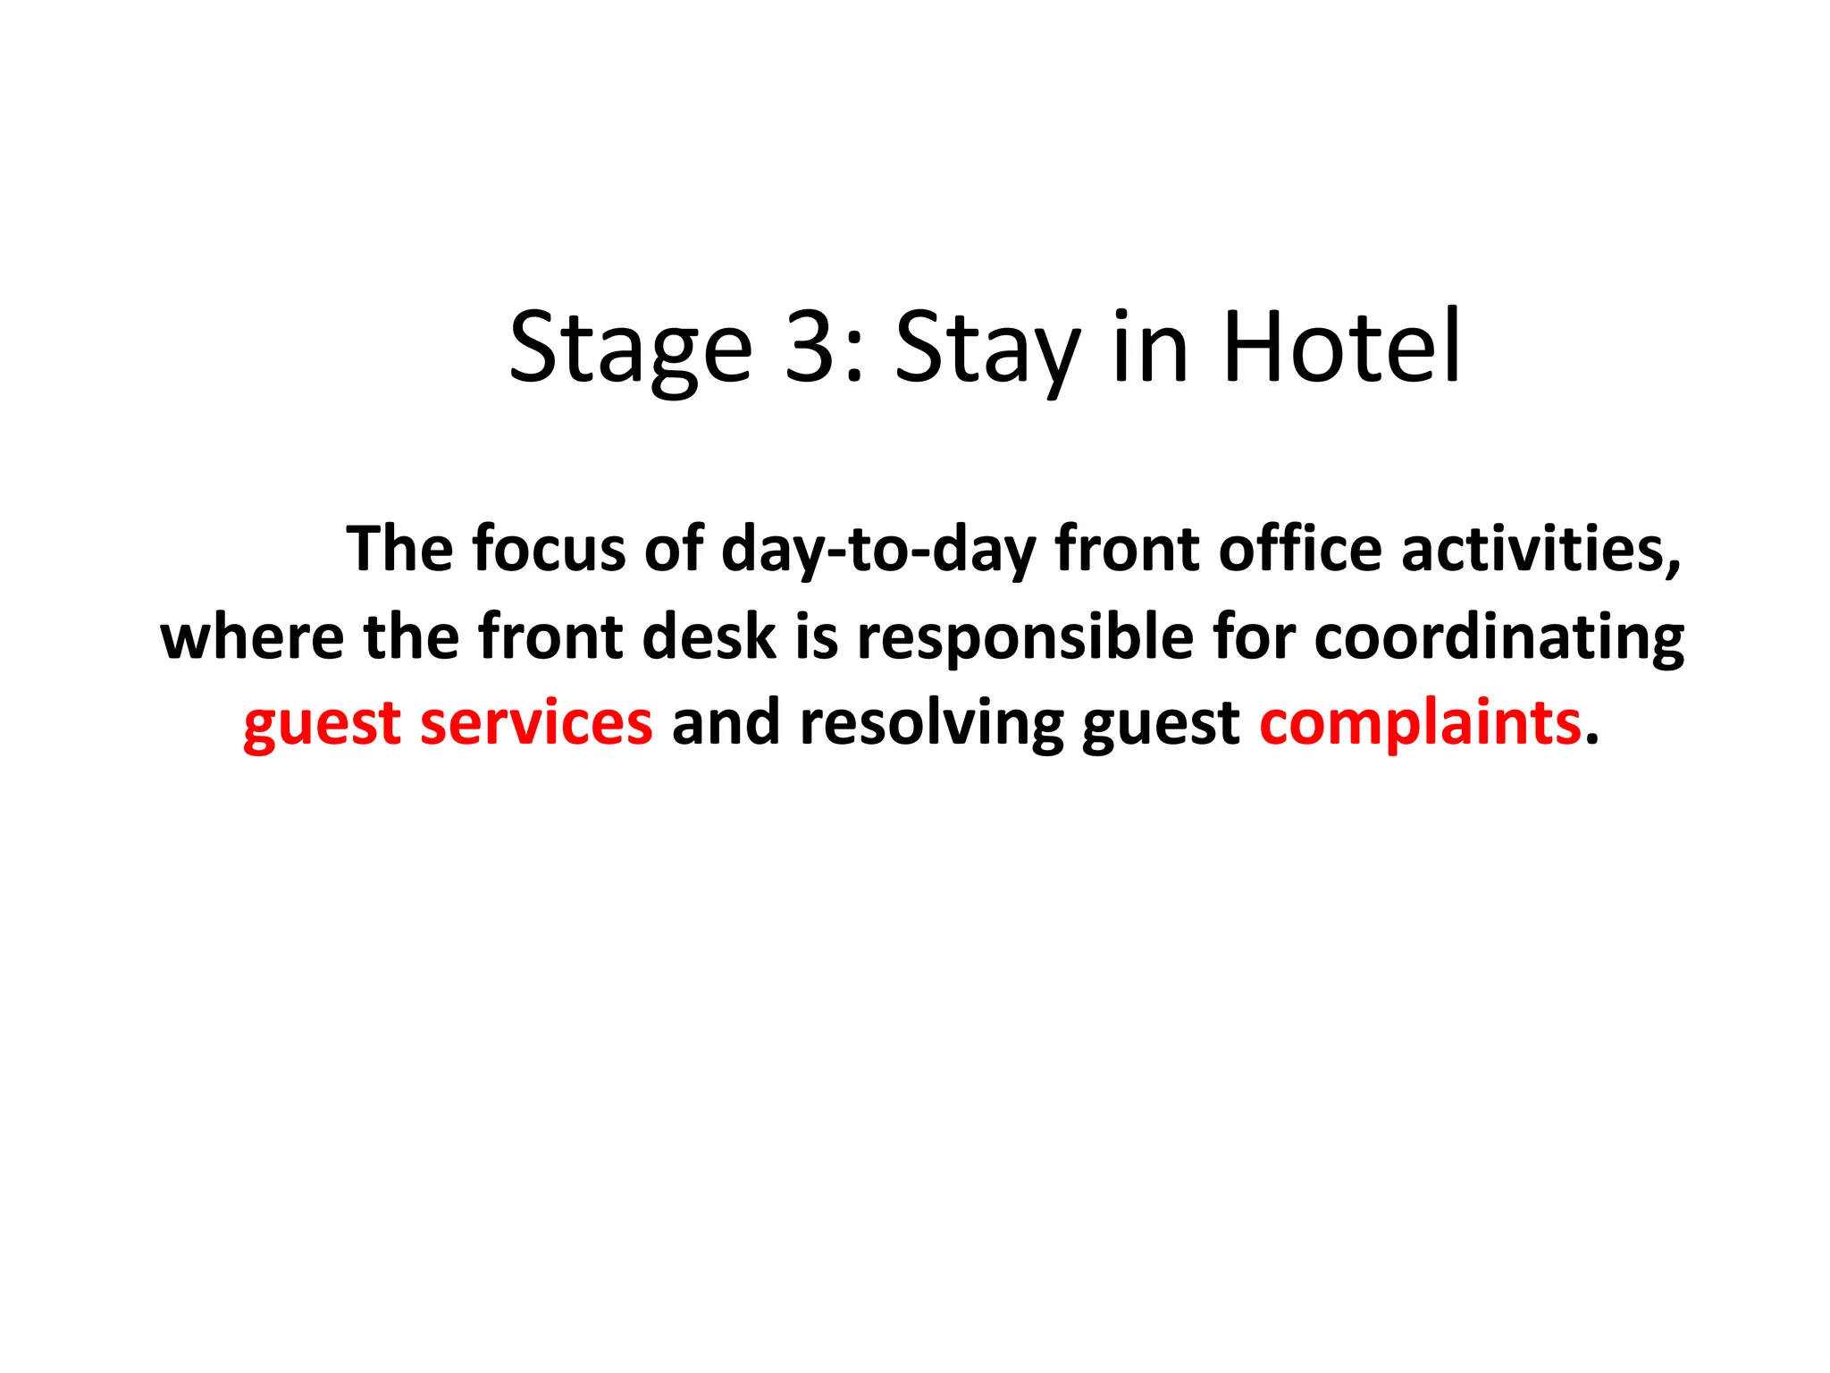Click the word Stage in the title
631,349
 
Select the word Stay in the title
987,349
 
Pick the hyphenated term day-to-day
877,550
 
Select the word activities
1540,548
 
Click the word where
252,636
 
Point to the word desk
709,636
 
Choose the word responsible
1025,638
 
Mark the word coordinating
1499,638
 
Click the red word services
536,722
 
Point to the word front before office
1127,548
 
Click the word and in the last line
726,722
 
